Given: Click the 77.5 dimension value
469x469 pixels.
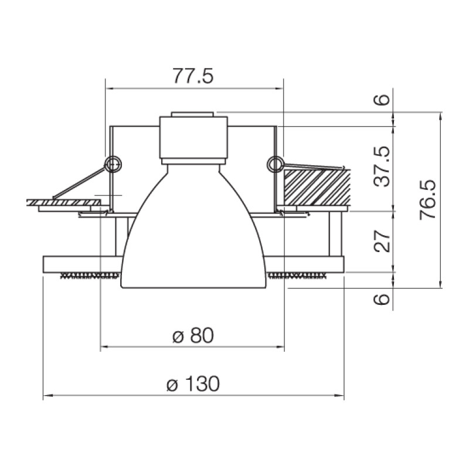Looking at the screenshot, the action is point(193,76).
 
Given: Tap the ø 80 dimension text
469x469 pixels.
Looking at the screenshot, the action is point(193,335).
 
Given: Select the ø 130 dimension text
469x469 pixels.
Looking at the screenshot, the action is point(193,384).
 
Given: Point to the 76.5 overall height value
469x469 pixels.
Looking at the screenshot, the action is point(428,200).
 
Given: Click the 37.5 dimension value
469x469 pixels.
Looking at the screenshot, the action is point(382,167).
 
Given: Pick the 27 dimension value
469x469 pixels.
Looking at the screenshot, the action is point(382,241).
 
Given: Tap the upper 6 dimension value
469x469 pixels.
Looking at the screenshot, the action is point(382,100).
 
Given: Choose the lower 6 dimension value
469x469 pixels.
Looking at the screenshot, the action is point(382,299).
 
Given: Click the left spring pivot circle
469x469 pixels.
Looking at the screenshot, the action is point(113,164).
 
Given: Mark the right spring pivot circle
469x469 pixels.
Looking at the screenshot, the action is point(275,164).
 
